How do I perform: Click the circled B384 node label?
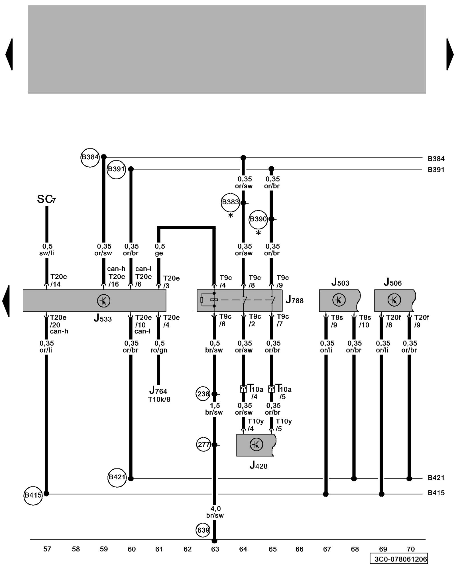[90, 157]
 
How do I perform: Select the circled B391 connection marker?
[116, 169]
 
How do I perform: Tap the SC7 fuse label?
[46, 199]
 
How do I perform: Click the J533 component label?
[103, 318]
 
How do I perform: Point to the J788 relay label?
[294, 300]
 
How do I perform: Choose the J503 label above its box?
[340, 282]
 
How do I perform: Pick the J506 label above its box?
[392, 282]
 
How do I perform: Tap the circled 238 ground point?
[203, 394]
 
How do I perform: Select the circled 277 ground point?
[203, 445]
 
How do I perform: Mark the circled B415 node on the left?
[33, 495]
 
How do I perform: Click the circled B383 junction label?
[230, 202]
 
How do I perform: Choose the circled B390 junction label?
[258, 219]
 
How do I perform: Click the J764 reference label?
[158, 390]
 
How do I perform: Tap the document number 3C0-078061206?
[400, 559]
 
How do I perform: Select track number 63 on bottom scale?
[215, 549]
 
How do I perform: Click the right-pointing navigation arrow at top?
[450, 54]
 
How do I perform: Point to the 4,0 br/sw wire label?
[215, 512]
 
